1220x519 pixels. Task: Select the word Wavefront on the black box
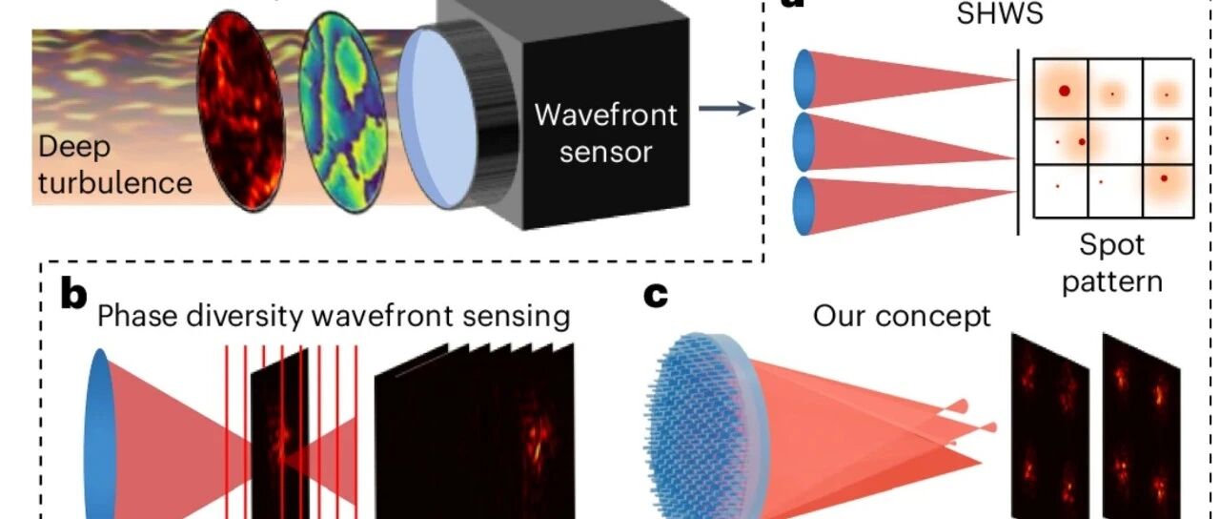pos(605,115)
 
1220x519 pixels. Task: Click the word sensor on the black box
pos(605,151)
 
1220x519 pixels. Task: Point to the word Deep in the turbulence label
pos(75,148)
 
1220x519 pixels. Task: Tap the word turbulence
pos(115,181)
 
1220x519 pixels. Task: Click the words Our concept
pos(902,316)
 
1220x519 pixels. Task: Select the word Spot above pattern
pos(1112,245)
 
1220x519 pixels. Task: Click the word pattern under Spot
pos(1112,281)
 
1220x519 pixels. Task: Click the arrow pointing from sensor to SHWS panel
pos(725,109)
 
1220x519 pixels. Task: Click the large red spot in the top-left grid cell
pos(1064,92)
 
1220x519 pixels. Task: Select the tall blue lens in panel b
pos(100,428)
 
